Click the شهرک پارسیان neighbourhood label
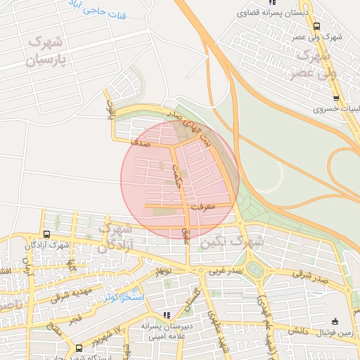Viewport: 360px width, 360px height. pos(51,51)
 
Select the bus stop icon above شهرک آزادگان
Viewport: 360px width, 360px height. pos(46,234)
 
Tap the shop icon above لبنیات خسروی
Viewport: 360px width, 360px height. pos(336,98)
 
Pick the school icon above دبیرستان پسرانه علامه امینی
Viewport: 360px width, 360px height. pos(167,315)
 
